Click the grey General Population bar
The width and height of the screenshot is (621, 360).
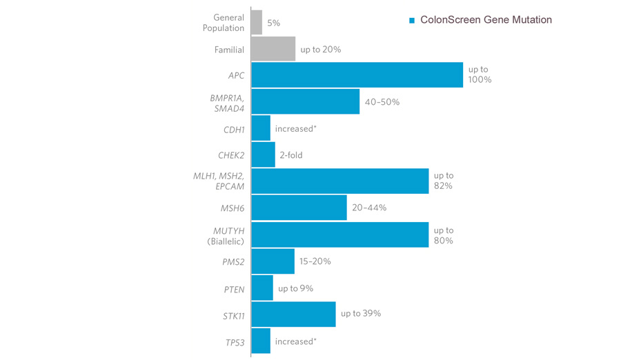click(x=257, y=22)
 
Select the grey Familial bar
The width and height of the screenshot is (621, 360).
click(x=273, y=49)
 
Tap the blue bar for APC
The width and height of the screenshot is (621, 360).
click(x=357, y=75)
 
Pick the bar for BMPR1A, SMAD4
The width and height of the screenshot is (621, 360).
click(x=305, y=101)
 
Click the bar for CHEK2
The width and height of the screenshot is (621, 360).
click(x=263, y=154)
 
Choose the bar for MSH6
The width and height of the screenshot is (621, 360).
click(x=299, y=208)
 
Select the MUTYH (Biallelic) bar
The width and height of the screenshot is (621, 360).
click(x=339, y=234)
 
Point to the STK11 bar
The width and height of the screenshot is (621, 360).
click(x=293, y=314)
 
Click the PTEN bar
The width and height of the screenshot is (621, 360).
click(x=262, y=288)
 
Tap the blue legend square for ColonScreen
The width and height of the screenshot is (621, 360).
click(x=412, y=21)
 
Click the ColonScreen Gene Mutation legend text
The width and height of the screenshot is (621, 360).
click(x=486, y=20)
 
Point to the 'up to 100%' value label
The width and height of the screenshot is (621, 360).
click(x=480, y=74)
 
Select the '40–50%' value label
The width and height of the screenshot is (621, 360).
click(x=382, y=101)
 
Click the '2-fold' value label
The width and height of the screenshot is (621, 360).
click(x=290, y=155)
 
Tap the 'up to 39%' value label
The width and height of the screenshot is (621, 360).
click(x=360, y=313)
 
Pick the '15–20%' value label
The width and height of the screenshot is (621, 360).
click(x=315, y=261)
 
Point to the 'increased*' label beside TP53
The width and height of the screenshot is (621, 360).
click(x=295, y=341)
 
